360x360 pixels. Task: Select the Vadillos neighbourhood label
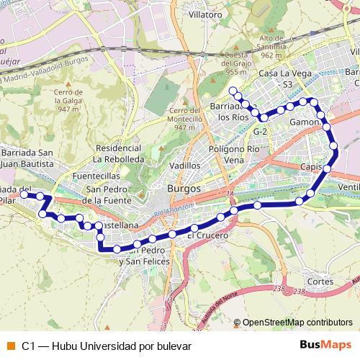tap(184, 165)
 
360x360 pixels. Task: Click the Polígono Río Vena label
tap(233, 153)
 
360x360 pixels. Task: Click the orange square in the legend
tap(10, 346)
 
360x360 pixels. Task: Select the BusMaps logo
tap(325, 346)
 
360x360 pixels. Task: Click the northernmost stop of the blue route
tap(233, 91)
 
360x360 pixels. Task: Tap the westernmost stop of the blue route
tap(24, 194)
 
